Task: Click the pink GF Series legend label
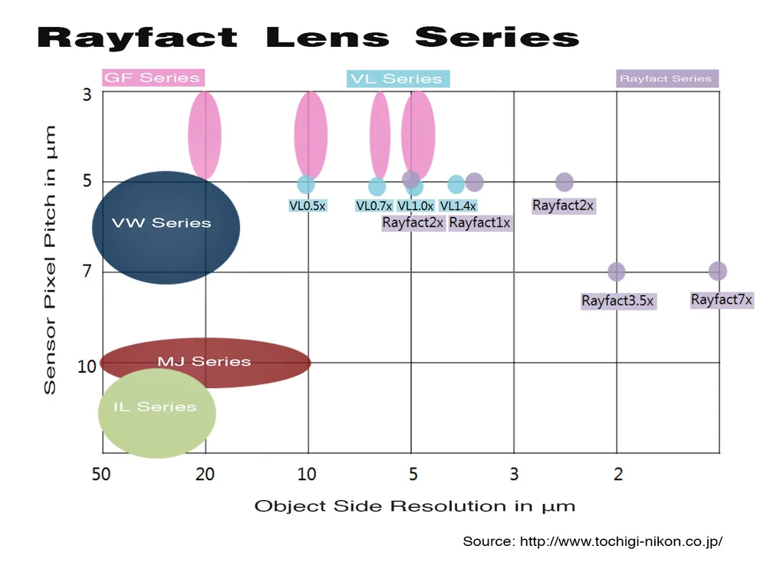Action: pyautogui.click(x=152, y=77)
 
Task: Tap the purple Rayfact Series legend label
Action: pyautogui.click(x=666, y=78)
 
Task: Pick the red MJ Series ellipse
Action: pyautogui.click(x=205, y=362)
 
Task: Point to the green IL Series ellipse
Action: pyautogui.click(x=156, y=413)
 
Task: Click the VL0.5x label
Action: pyautogui.click(x=308, y=206)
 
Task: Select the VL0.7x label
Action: pyautogui.click(x=374, y=206)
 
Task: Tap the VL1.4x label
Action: pyautogui.click(x=458, y=206)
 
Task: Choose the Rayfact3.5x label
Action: pyautogui.click(x=617, y=301)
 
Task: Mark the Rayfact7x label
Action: pyautogui.click(x=721, y=299)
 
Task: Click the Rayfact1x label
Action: pyautogui.click(x=479, y=222)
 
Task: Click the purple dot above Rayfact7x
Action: pyautogui.click(x=718, y=271)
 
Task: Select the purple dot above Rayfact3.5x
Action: pyautogui.click(x=616, y=271)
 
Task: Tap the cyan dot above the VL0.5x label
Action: pyautogui.click(x=306, y=185)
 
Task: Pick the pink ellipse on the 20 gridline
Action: pyautogui.click(x=205, y=135)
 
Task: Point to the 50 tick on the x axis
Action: pyautogui.click(x=101, y=475)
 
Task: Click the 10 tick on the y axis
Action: pyautogui.click(x=87, y=367)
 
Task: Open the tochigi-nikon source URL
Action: pyautogui.click(x=621, y=541)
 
